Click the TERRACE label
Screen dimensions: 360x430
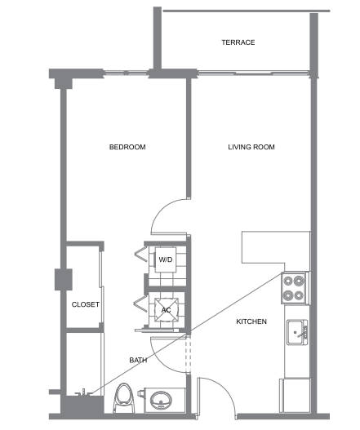pyautogui.click(x=238, y=42)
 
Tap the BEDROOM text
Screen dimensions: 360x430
pyautogui.click(x=127, y=147)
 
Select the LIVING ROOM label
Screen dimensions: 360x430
pyautogui.click(x=251, y=147)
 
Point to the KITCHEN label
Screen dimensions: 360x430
pyautogui.click(x=251, y=321)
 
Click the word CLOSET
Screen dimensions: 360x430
pyautogui.click(x=86, y=304)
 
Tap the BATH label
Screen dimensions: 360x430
pyautogui.click(x=138, y=360)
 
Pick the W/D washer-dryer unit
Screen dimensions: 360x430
pyautogui.click(x=166, y=259)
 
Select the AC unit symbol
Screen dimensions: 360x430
pyautogui.click(x=167, y=310)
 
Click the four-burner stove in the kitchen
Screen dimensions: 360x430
pyautogui.click(x=294, y=288)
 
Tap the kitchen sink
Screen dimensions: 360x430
pyautogui.click(x=297, y=332)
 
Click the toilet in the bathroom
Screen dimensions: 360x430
pyautogui.click(x=124, y=398)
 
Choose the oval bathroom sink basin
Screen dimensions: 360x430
pyautogui.click(x=162, y=401)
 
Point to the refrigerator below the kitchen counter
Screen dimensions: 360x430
pyautogui.click(x=295, y=396)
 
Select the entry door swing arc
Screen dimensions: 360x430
pyautogui.click(x=224, y=390)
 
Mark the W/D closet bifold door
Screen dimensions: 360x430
pyautogui.click(x=141, y=255)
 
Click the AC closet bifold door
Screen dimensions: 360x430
pyautogui.click(x=140, y=304)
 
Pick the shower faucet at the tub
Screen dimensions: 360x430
pyautogui.click(x=84, y=392)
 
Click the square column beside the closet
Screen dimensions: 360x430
pyautogui.click(x=64, y=279)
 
